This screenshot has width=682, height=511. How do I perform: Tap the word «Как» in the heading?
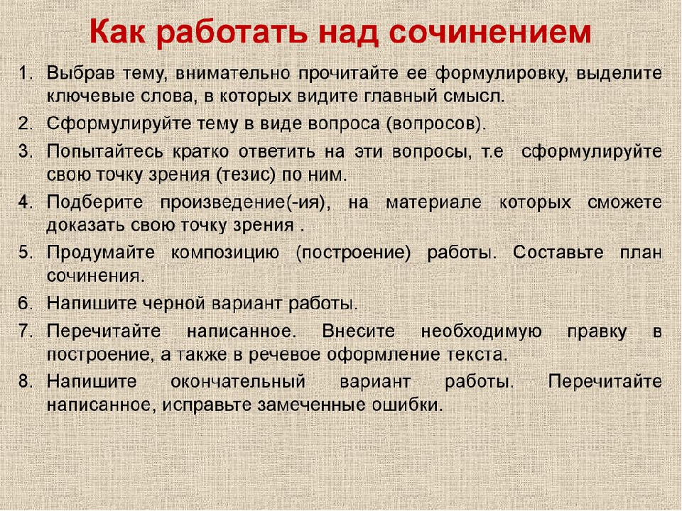click(x=117, y=33)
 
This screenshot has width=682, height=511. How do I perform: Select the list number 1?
click(x=26, y=72)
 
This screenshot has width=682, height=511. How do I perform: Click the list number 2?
click(x=26, y=123)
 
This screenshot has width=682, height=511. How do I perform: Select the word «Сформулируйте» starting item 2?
click(x=119, y=125)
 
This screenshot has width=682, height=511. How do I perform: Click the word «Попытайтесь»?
click(x=105, y=152)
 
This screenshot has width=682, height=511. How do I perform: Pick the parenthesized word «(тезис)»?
click(x=246, y=175)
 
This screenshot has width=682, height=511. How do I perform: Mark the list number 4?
click(x=26, y=202)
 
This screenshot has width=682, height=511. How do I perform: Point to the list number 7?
click(x=26, y=331)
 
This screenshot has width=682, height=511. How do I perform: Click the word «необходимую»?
click(x=481, y=332)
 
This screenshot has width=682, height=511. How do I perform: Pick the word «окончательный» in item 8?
click(x=238, y=382)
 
